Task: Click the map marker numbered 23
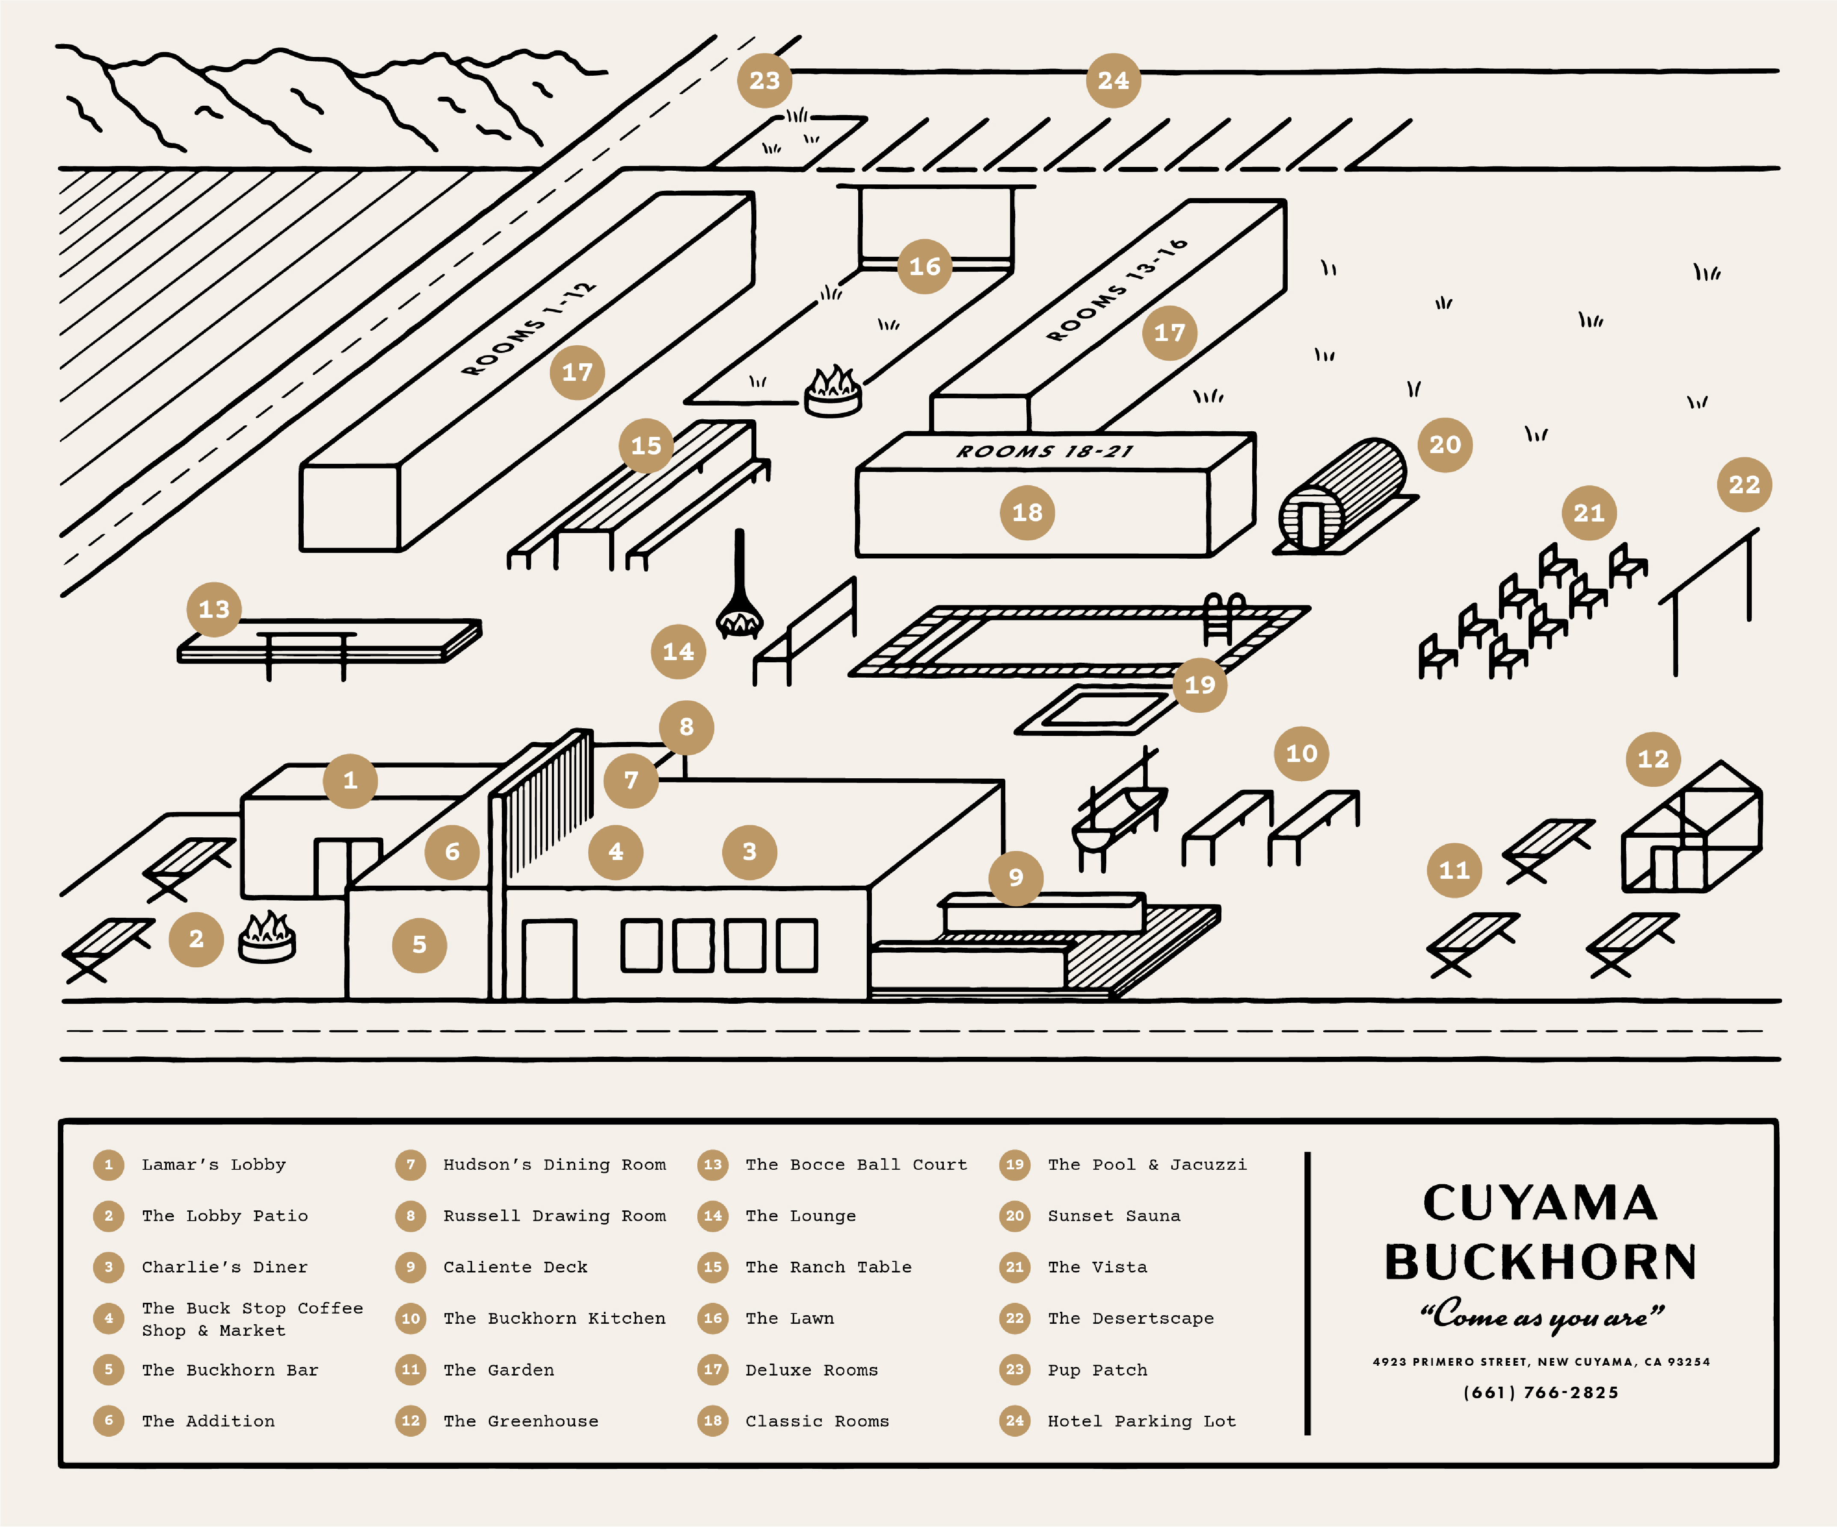(x=764, y=80)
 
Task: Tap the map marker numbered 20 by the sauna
(x=1444, y=445)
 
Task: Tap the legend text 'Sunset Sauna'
(x=1114, y=1216)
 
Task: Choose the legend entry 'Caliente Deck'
(x=515, y=1266)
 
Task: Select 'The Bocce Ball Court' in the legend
(x=856, y=1164)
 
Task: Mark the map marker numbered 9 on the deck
(x=1015, y=877)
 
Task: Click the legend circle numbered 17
(x=713, y=1370)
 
